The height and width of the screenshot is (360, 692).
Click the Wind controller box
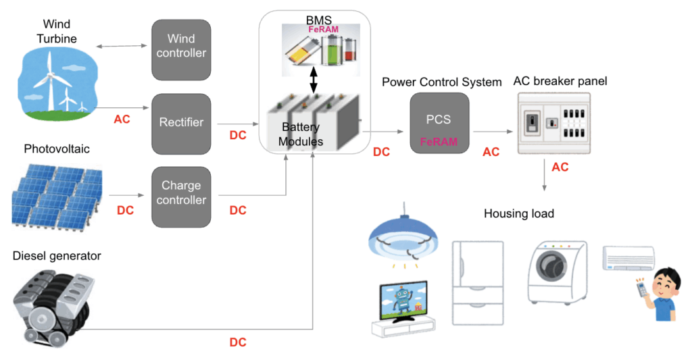pos(181,47)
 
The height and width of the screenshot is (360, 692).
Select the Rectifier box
pos(181,122)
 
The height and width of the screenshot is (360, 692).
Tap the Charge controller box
pos(181,193)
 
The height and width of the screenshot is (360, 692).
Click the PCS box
pos(439,122)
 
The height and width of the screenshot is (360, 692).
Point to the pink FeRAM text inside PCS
pos(439,142)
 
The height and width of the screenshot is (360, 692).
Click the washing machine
pos(557,270)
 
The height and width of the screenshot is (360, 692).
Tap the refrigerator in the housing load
pos(478,284)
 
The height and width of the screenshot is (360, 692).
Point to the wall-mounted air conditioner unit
pos(628,259)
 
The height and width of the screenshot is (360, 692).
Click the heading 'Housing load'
pos(518,213)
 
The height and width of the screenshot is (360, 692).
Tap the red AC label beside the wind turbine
pos(122,119)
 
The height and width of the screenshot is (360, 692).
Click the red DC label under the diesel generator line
pos(238,342)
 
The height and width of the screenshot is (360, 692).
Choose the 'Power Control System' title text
pos(441,82)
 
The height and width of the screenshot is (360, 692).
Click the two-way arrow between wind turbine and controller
pos(122,47)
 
